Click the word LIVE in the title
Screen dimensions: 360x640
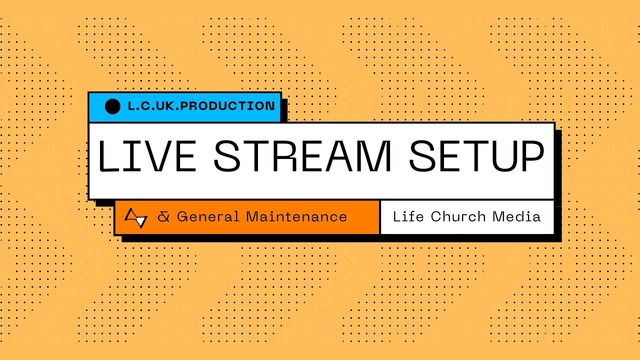pos(146,156)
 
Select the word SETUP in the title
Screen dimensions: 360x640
pos(476,156)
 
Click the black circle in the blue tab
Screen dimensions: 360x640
pos(112,106)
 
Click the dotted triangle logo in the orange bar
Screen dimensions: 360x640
pos(136,217)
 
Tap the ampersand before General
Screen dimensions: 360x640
pos(163,217)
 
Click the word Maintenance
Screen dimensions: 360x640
pos(296,217)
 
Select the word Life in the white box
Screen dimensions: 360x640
pos(408,216)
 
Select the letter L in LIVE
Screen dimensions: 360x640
pos(105,156)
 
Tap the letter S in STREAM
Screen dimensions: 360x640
pos(229,156)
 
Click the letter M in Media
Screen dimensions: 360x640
pos(498,216)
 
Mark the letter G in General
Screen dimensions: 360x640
pos(182,217)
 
